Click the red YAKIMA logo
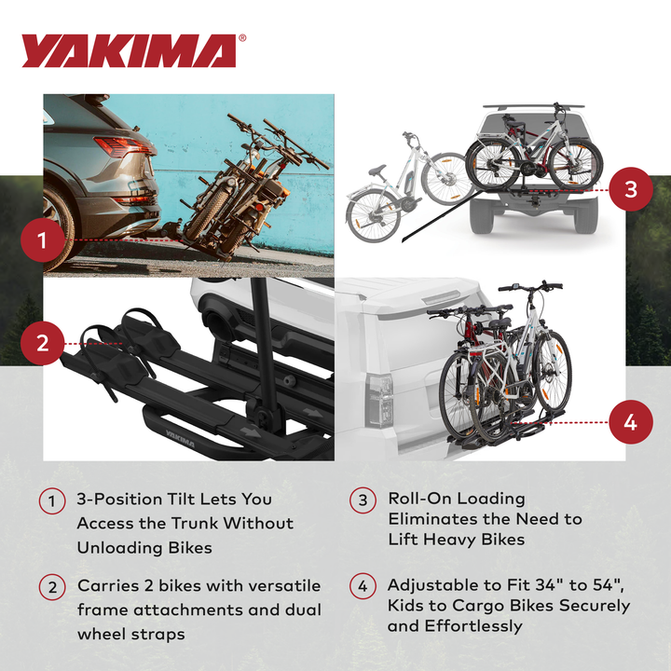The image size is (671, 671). click(x=128, y=52)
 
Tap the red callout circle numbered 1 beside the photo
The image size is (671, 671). click(x=42, y=242)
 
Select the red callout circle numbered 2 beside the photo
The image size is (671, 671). click(x=42, y=343)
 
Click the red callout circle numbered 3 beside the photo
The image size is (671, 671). click(x=630, y=189)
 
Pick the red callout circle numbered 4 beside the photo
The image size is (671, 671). click(x=630, y=422)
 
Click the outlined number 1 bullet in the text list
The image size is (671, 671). click(x=52, y=500)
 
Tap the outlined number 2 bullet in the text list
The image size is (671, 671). click(x=52, y=587)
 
